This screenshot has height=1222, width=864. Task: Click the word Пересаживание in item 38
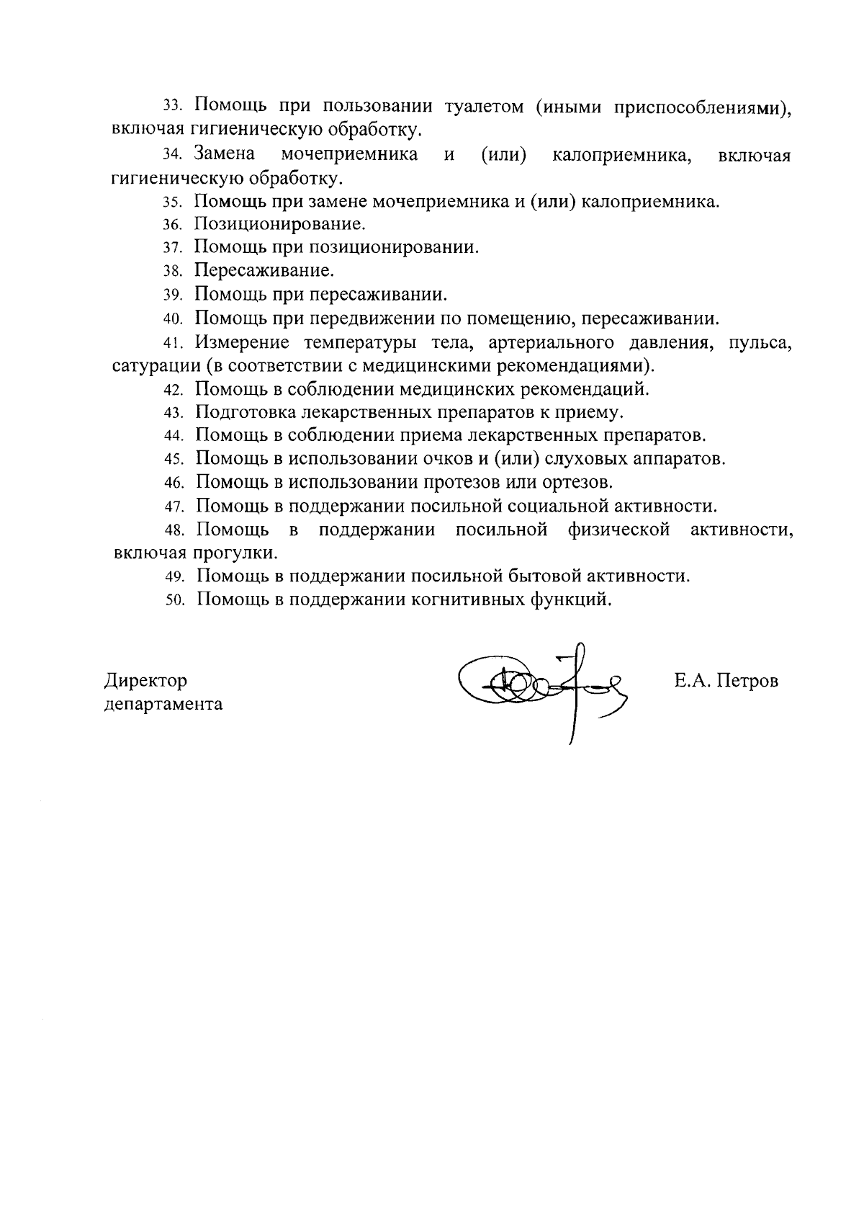[265, 271]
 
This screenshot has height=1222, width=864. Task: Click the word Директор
[146, 681]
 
